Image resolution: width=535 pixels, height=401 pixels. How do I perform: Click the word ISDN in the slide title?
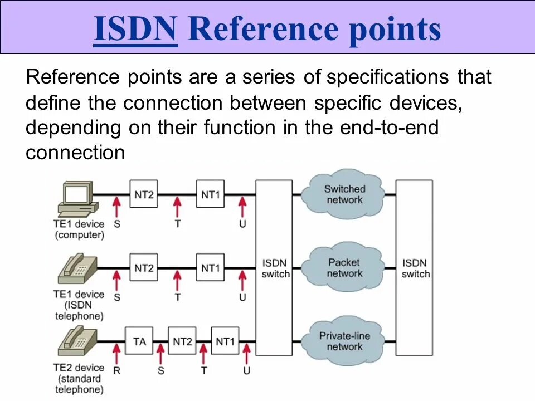135,29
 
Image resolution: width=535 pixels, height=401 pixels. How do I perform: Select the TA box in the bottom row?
139,341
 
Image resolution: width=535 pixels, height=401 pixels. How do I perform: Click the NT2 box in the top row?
144,194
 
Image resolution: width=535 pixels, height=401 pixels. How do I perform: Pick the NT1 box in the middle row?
210,268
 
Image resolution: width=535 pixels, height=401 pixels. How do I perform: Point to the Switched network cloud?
344,194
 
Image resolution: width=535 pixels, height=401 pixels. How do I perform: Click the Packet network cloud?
344,268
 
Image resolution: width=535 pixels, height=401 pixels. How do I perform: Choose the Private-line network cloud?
344,341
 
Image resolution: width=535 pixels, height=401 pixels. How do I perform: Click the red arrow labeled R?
116,354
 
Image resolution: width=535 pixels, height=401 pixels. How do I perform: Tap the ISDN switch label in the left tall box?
275,268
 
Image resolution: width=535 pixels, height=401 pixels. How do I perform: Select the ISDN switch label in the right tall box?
415,268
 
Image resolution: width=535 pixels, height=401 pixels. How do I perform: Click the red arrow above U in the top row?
242,207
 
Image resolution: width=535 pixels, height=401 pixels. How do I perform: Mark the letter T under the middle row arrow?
177,297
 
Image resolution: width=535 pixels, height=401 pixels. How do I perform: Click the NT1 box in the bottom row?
225,341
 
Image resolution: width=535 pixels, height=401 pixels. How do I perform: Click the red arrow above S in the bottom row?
160,354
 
